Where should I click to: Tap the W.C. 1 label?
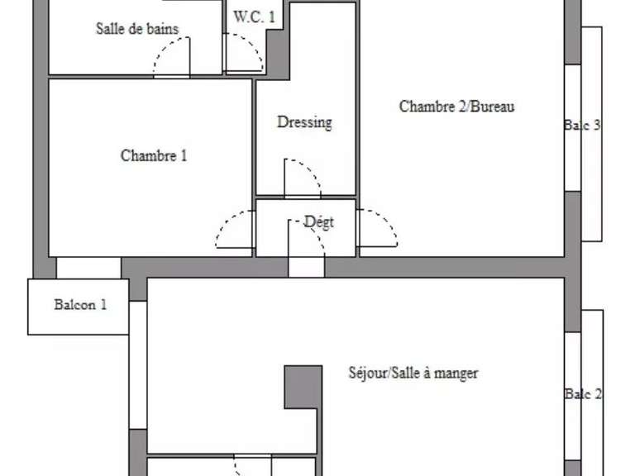pos(255,17)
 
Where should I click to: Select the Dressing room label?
pos(304,122)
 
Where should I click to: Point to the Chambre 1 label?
pos(154,155)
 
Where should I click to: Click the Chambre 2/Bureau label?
pos(457,107)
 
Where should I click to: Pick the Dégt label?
pos(319,221)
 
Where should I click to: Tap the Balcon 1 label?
pos(80,304)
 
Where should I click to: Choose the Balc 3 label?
pos(582,126)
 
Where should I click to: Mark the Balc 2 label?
pos(583,394)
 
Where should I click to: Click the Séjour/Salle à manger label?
pos(413,374)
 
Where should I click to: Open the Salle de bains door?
pos(172,56)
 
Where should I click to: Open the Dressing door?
pos(302,178)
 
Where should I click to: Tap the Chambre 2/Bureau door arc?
pos(377,229)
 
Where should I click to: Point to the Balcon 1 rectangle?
pos(78,307)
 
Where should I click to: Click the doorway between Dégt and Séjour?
pos(306,267)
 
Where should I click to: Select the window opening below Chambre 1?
pos(88,268)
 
